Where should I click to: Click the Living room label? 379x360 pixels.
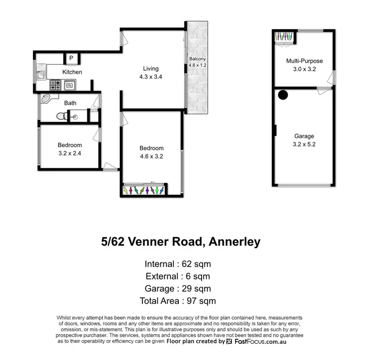(150, 68)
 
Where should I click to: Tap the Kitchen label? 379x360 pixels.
(72, 72)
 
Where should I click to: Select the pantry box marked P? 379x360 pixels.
(71, 59)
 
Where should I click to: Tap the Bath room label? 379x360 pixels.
(70, 104)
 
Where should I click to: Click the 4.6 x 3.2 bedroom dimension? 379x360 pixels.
(152, 156)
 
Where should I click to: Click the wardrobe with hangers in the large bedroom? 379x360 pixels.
(144, 190)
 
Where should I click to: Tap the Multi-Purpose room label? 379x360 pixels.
(304, 61)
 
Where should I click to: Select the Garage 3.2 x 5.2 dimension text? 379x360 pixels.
(304, 144)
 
